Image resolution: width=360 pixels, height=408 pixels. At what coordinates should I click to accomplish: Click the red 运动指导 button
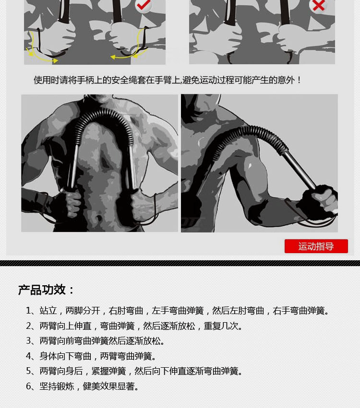click(x=316, y=246)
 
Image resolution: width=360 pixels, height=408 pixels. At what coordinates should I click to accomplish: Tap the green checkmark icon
click(x=143, y=5)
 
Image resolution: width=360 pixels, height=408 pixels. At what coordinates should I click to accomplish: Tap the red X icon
click(x=319, y=5)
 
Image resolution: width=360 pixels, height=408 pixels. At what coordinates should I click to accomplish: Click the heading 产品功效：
click(x=47, y=290)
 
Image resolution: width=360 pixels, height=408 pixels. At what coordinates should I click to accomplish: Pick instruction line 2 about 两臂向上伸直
click(x=135, y=326)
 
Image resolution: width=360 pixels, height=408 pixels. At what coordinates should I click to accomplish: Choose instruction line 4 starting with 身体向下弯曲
click(x=92, y=356)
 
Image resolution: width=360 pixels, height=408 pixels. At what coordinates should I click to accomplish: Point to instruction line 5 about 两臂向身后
click(x=135, y=371)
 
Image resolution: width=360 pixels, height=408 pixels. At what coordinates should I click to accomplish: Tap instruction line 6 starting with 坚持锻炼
click(x=83, y=386)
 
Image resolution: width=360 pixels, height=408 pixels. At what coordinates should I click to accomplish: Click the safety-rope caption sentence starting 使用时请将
click(x=168, y=80)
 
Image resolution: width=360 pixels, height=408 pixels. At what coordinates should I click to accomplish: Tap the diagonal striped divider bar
click(x=180, y=263)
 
